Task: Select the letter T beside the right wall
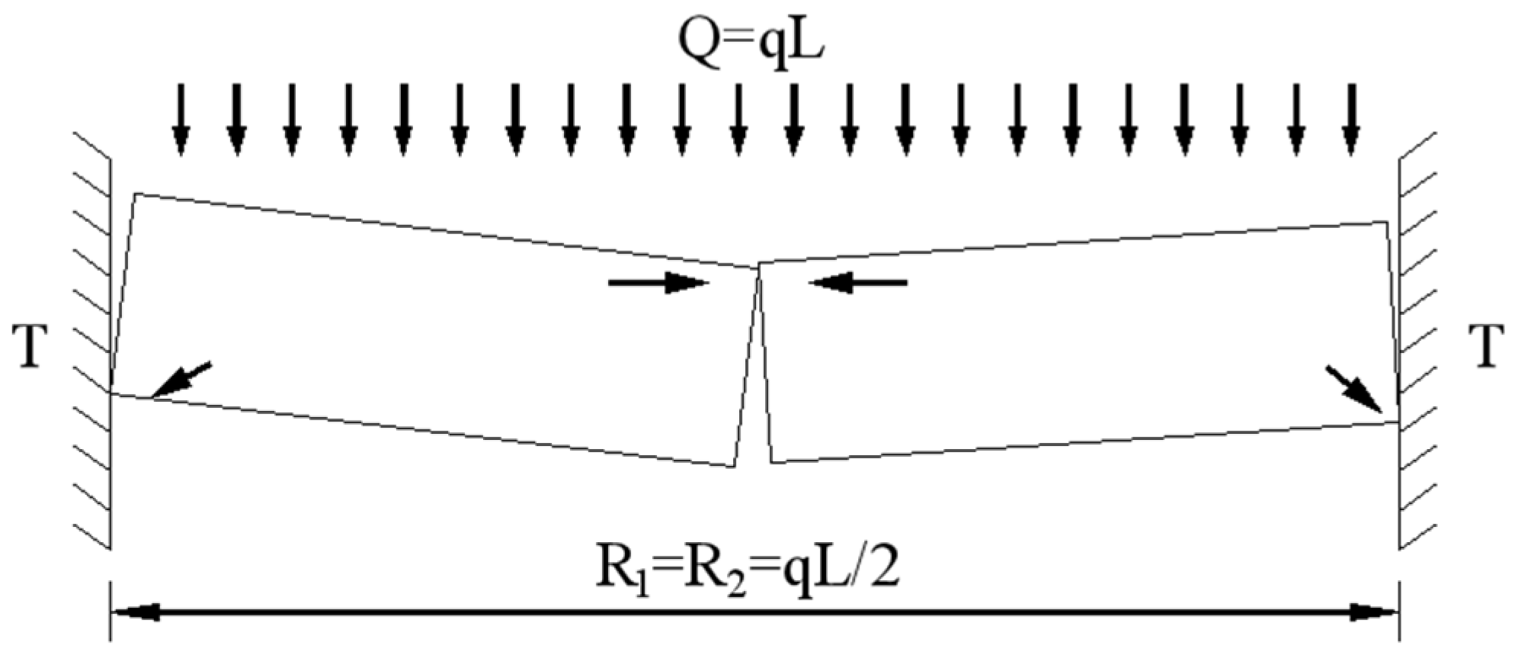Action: coord(1486,346)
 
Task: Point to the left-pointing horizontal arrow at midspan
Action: coord(858,283)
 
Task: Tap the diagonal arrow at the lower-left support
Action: coord(180,380)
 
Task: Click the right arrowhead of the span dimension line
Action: coord(1375,611)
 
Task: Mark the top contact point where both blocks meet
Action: coord(758,266)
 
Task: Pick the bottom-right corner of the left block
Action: coord(734,466)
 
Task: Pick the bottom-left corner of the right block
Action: coord(773,462)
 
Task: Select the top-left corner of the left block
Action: coord(136,194)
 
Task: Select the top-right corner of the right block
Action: coord(1385,222)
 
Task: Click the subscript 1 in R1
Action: coord(639,585)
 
